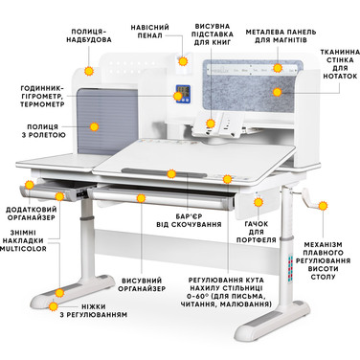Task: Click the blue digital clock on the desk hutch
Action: [x=183, y=94]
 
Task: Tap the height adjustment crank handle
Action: [x=310, y=199]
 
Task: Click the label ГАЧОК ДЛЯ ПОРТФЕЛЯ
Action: [x=257, y=232]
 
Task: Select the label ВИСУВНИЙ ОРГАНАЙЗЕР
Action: [x=142, y=284]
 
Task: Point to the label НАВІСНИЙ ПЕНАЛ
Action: [x=149, y=32]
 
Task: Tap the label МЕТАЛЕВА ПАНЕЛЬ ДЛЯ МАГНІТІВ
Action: [x=281, y=36]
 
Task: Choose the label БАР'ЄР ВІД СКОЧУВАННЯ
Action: [x=189, y=220]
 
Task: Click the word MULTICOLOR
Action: [x=23, y=249]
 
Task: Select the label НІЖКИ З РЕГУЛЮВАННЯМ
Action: [x=94, y=311]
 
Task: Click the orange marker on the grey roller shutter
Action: [x=94, y=126]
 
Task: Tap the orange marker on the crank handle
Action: [x=323, y=206]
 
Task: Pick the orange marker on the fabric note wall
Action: [x=278, y=92]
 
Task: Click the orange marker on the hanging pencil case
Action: [x=183, y=61]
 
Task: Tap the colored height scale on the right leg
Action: [x=290, y=268]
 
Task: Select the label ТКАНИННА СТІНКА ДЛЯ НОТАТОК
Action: [x=340, y=64]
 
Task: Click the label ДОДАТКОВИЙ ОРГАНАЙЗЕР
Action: [x=31, y=214]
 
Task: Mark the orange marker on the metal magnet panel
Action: [x=278, y=68]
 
